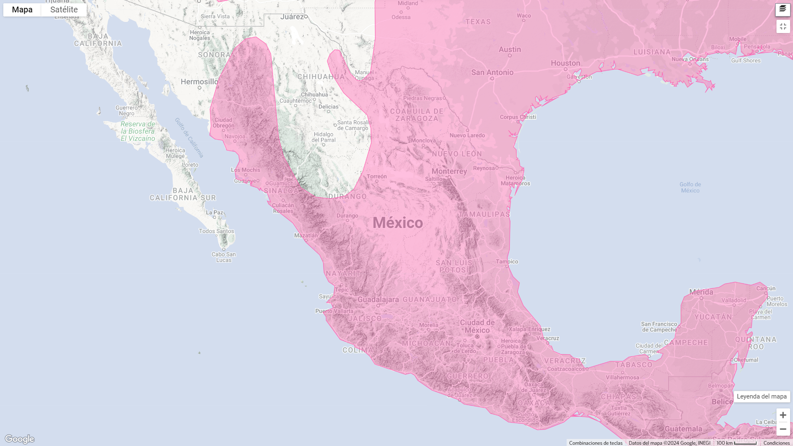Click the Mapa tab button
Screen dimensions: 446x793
coord(22,10)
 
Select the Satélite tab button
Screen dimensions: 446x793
coord(64,10)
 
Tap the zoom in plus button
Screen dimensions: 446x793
coord(783,415)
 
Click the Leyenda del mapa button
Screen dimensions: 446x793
coord(762,396)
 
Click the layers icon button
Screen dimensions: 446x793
coord(783,9)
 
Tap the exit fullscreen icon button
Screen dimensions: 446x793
coord(783,26)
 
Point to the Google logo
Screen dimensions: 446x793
coord(19,439)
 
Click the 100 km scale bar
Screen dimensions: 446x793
coord(737,443)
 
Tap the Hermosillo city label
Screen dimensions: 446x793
coord(199,82)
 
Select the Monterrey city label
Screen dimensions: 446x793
coord(449,171)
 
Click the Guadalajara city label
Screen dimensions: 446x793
coord(378,300)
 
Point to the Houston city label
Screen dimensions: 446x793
coord(565,63)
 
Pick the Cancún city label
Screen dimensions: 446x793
coord(766,288)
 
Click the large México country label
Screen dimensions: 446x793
coord(398,223)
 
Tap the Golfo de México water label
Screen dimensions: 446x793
coord(690,187)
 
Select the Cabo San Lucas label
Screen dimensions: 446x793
coord(224,257)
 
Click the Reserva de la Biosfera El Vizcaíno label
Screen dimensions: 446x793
coord(138,131)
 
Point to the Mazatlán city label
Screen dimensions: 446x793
coord(306,235)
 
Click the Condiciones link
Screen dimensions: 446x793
coord(776,443)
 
